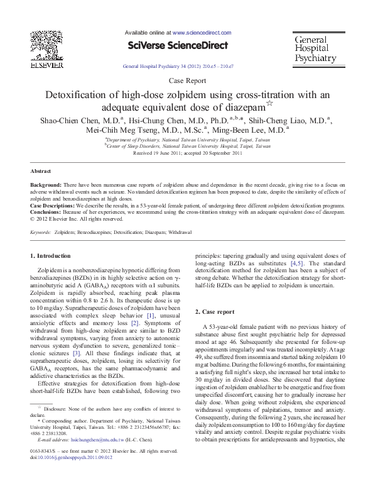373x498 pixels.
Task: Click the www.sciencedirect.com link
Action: point(195,31)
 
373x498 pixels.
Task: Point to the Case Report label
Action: point(186,80)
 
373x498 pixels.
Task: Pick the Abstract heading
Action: point(41,171)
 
